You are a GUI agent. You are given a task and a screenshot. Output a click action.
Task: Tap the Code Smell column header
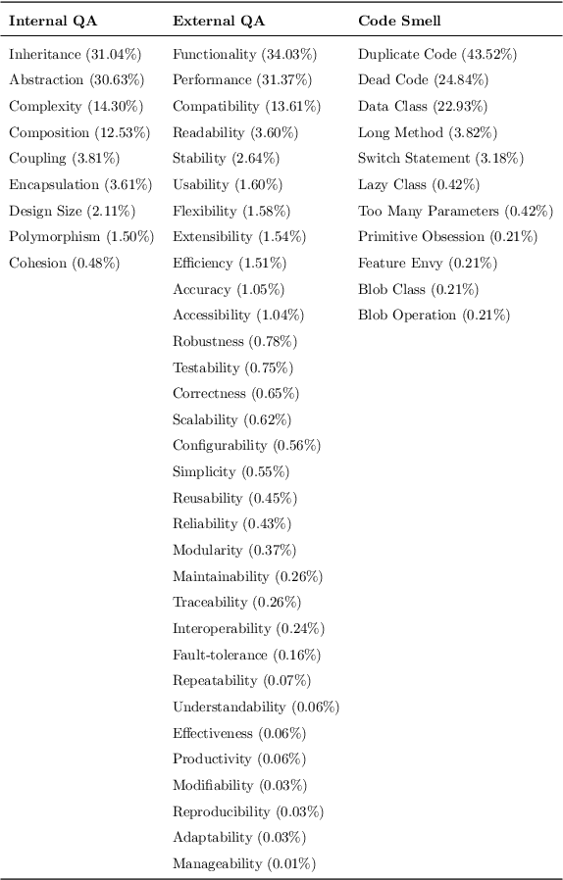399,21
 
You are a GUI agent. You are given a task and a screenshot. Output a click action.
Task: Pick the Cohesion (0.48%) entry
64,263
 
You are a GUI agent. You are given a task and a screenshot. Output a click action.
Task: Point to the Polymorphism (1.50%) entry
81,236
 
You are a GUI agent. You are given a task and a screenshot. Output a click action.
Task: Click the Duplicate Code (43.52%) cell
437,54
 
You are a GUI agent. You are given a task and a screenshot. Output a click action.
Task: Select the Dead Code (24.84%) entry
423,79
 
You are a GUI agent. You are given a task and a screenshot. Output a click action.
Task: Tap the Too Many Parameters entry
455,211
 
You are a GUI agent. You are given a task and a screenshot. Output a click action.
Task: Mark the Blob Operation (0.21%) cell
434,315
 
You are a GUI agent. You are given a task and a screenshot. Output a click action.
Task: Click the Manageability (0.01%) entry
244,863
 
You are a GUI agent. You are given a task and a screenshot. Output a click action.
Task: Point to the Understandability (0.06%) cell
256,707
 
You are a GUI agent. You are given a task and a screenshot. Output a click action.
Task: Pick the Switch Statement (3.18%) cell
440,158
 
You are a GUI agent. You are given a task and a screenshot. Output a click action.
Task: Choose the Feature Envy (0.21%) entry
427,263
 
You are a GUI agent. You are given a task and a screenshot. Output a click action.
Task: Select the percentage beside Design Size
114,211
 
